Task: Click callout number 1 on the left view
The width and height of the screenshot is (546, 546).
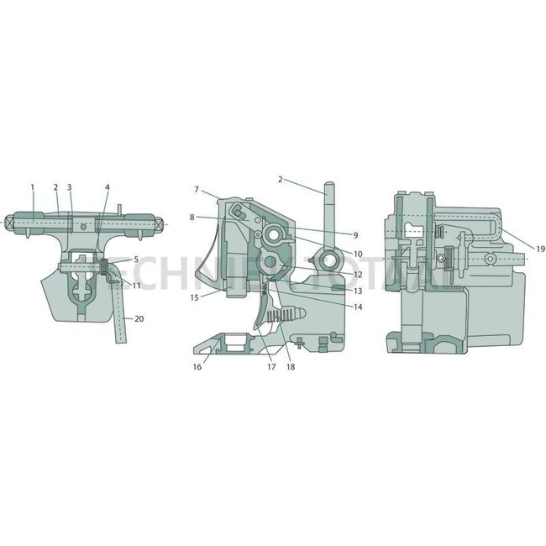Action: (x=32, y=186)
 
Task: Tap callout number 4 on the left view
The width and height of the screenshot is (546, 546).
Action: (x=107, y=186)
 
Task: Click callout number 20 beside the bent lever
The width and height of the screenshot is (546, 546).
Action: (x=139, y=319)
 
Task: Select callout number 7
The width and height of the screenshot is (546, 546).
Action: (x=196, y=189)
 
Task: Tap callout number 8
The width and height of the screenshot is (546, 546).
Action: (x=192, y=218)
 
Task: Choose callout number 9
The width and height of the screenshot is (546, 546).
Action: (x=355, y=234)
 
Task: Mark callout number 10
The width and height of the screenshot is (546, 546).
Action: (x=357, y=254)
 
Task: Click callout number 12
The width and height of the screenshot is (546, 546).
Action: (x=357, y=275)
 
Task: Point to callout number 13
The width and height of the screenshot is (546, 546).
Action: (x=357, y=291)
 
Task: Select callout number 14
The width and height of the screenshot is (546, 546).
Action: (x=357, y=307)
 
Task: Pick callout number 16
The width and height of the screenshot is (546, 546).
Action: (x=197, y=367)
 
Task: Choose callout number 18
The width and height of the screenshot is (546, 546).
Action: (x=290, y=367)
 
